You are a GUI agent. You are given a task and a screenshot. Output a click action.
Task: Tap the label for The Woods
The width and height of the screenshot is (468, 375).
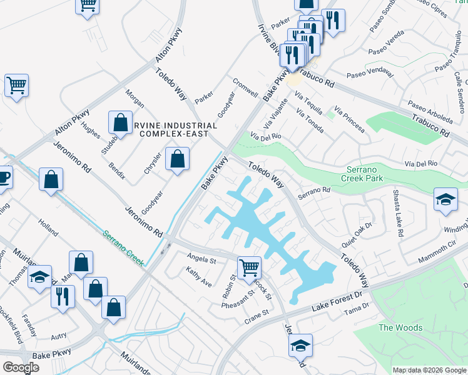400,327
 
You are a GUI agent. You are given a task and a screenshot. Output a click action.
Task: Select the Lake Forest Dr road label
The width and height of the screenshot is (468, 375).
337,302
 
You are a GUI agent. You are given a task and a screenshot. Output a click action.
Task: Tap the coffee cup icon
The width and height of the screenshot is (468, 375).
3,177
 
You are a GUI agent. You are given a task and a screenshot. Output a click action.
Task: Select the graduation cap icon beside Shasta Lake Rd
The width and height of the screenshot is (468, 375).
445,200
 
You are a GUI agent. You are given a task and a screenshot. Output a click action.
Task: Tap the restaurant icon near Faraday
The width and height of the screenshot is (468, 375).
63,296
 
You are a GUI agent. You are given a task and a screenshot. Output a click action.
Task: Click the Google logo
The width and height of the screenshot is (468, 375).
21,367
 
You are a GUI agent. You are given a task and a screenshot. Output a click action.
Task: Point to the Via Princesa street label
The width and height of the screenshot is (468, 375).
349,119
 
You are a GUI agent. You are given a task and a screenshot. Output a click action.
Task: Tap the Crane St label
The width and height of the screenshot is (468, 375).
256,316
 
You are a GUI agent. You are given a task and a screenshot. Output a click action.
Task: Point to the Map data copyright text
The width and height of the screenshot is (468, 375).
429,369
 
